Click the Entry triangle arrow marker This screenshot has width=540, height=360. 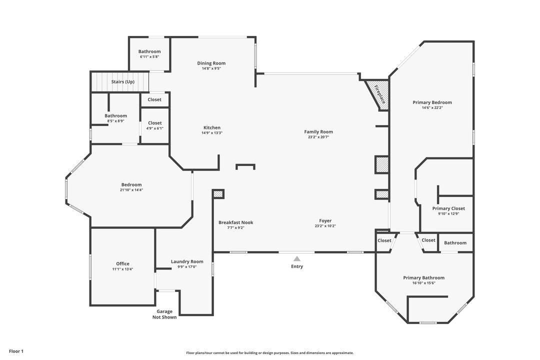297,258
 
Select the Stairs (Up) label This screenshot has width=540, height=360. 122,82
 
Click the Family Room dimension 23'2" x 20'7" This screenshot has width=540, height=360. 318,137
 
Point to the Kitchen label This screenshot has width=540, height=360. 212,128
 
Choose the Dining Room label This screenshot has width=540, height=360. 211,63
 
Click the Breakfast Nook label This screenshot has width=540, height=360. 236,222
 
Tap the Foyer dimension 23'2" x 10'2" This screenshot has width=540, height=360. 325,226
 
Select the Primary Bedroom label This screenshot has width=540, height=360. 432,102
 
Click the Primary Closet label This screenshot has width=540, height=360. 448,208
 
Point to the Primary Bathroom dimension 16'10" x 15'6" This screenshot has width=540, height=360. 424,283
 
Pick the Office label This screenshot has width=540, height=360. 122,264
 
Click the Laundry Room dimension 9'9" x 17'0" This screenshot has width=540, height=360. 187,266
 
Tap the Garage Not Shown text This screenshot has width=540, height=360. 164,314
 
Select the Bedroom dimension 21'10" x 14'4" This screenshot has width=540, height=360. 131,190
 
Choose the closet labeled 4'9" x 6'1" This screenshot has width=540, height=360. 155,125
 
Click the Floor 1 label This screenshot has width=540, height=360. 16,351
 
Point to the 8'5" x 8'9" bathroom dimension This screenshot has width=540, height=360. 115,121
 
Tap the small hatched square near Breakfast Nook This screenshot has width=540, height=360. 218,194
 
